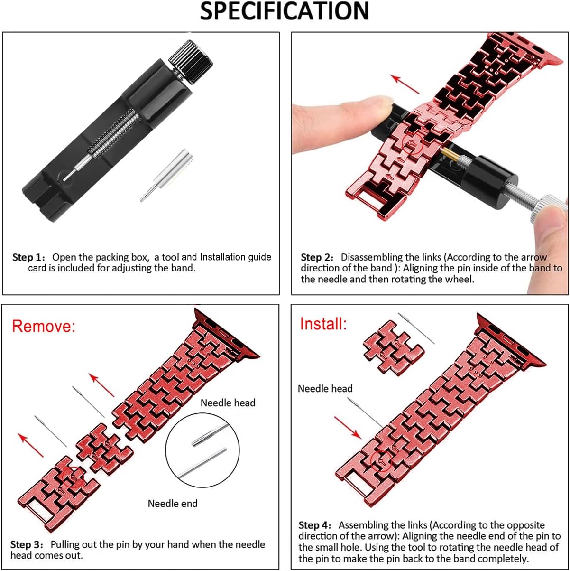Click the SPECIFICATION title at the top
coord(285,11)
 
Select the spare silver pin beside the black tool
coord(167,175)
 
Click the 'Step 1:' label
coord(28,257)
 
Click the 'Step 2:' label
coord(317,257)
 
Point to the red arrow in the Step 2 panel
coord(405,84)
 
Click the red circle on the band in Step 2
coord(412,143)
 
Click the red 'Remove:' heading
coord(44,326)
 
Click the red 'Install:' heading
coord(323,323)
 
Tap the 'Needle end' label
coord(173,504)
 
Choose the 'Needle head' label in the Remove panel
coord(228,403)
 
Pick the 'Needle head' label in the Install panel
coord(325,388)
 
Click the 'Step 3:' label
coord(27,544)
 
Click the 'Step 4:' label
coord(314,525)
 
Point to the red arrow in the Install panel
coord(348,428)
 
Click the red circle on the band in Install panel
coord(381,461)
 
